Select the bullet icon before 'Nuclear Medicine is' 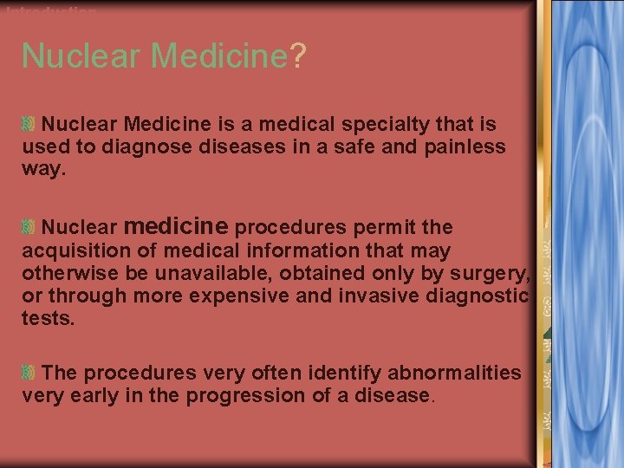(x=29, y=125)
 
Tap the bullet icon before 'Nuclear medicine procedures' (x=29, y=228)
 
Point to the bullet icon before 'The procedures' (x=29, y=374)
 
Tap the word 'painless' (x=465, y=146)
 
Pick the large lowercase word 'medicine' (x=176, y=226)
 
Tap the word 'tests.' (x=49, y=318)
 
